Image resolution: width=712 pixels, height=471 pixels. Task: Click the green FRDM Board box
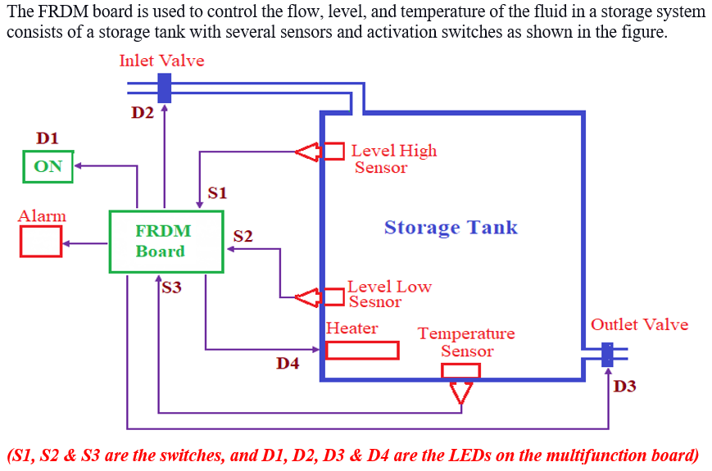click(x=166, y=242)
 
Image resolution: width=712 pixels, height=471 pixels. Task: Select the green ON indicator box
click(x=48, y=166)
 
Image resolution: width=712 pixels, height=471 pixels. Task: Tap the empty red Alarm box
click(x=41, y=242)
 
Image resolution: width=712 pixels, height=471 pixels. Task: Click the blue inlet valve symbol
click(x=164, y=88)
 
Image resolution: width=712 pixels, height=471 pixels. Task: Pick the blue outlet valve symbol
click(x=607, y=355)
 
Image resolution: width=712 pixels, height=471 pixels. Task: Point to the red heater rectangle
click(x=362, y=350)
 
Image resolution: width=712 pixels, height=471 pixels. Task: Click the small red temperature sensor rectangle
click(x=460, y=371)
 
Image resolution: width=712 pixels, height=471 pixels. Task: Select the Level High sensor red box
click(x=334, y=152)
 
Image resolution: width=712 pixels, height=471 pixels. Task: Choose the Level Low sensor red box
click(x=334, y=296)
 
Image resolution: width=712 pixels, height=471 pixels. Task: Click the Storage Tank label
click(x=451, y=227)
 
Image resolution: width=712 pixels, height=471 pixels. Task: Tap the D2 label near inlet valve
click(x=143, y=113)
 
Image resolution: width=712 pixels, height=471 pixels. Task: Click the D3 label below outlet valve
click(x=624, y=386)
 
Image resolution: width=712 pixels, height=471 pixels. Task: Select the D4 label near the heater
click(x=288, y=363)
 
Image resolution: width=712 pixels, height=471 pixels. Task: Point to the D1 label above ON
click(x=48, y=138)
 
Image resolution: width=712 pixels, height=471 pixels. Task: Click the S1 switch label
click(x=217, y=193)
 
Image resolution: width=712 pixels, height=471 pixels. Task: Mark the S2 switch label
click(x=243, y=236)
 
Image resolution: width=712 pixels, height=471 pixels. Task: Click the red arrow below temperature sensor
click(x=461, y=392)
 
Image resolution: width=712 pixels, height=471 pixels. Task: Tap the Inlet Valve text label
click(x=161, y=61)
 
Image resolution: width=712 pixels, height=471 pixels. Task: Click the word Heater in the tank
click(x=352, y=328)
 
